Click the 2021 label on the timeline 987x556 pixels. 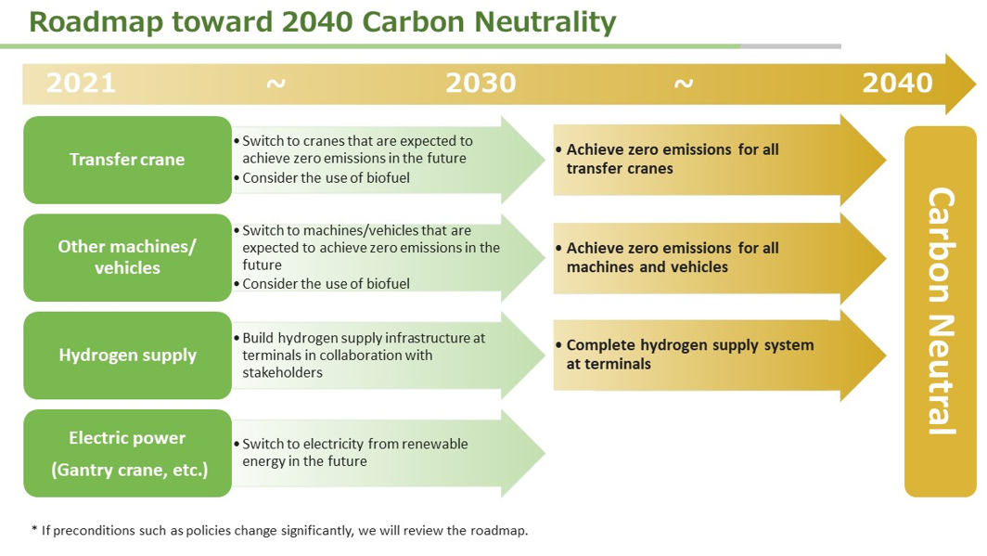tap(82, 84)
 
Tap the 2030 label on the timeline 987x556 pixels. tap(481, 84)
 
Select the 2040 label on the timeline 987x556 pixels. tap(897, 84)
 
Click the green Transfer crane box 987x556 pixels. tap(127, 160)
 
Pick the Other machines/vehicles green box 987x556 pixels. tap(127, 257)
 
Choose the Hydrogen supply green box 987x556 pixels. tap(127, 356)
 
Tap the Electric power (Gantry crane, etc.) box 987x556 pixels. tap(127, 453)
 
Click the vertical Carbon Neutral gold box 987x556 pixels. tap(941, 312)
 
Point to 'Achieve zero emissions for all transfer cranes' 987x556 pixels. tap(673, 159)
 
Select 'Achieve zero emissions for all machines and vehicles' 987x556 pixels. tap(673, 257)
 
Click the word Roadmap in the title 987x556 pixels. tap(96, 22)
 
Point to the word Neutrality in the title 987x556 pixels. tap(545, 23)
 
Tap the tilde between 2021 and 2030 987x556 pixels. tap(276, 84)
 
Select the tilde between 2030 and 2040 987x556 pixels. tap(684, 84)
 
